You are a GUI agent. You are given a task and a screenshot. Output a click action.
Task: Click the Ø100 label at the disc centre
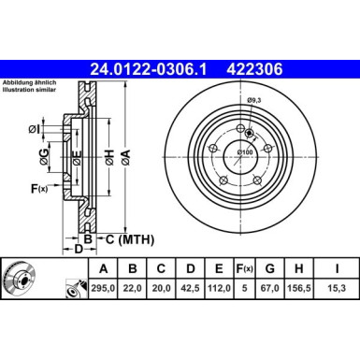(244, 152)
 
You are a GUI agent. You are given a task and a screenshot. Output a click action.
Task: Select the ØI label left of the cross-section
(34, 128)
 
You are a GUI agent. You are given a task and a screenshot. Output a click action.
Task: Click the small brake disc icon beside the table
(20, 278)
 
